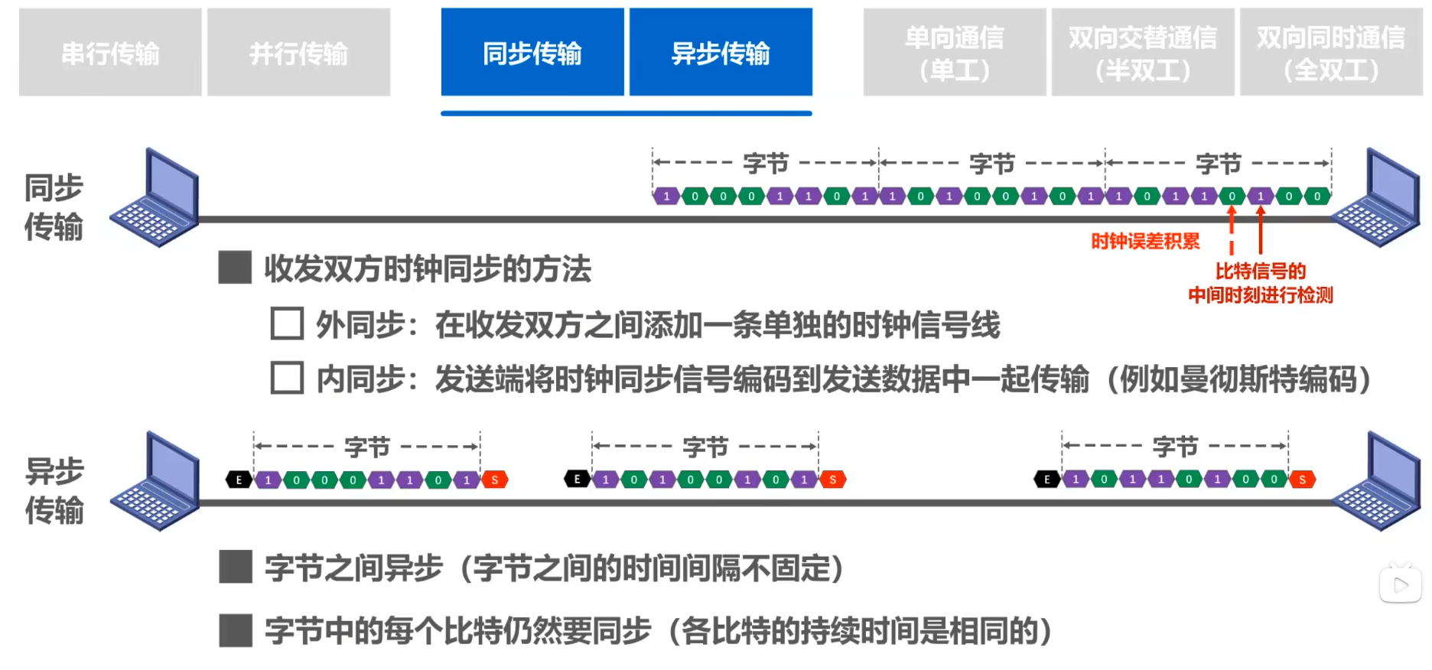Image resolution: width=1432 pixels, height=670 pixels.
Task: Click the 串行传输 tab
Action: [110, 53]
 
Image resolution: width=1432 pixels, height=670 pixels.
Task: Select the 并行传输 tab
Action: [298, 53]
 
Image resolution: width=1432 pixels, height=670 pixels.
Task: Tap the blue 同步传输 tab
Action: [532, 53]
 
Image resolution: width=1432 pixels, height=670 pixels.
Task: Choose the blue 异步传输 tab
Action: [721, 53]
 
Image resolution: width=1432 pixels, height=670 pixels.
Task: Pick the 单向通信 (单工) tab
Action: [955, 53]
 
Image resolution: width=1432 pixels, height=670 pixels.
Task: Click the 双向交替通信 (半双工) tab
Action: [1143, 53]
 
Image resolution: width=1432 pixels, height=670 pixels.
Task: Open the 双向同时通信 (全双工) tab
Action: [1331, 53]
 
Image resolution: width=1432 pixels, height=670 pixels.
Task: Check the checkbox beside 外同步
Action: [287, 324]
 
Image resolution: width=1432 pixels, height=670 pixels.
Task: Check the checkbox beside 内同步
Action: [287, 378]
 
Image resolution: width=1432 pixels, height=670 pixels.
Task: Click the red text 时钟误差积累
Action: [1145, 242]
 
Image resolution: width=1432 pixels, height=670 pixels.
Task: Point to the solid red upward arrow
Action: [1261, 229]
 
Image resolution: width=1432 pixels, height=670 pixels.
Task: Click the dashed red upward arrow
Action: [1232, 229]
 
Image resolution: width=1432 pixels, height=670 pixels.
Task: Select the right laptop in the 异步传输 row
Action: [1377, 481]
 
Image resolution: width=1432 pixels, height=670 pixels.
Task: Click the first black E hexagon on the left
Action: [239, 480]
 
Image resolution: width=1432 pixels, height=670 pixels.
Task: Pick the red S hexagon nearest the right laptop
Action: [1302, 480]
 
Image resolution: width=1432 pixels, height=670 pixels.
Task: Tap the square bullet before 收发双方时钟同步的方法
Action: [235, 268]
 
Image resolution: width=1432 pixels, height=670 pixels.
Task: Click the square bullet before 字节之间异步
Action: [235, 568]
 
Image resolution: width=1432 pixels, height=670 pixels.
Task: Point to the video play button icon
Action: [1401, 585]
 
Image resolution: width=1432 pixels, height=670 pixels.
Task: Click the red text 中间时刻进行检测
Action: [1261, 295]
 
